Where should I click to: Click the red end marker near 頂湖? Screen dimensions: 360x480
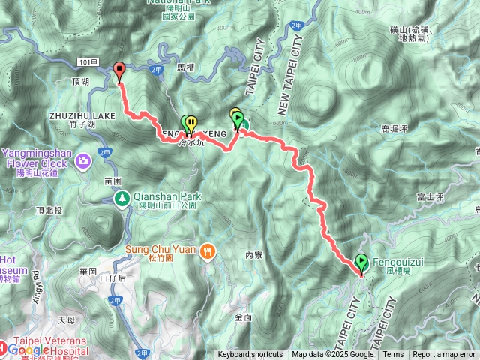click(119, 71)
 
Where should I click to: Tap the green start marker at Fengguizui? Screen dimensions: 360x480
click(362, 262)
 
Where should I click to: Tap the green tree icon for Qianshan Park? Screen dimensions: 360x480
click(121, 198)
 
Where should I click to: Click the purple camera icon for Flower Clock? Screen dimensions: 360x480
click(82, 159)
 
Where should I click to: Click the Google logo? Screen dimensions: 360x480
click(28, 349)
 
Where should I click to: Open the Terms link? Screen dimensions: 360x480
click(393, 355)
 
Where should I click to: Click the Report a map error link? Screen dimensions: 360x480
click(444, 355)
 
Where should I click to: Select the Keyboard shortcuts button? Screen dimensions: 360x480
click(250, 355)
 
